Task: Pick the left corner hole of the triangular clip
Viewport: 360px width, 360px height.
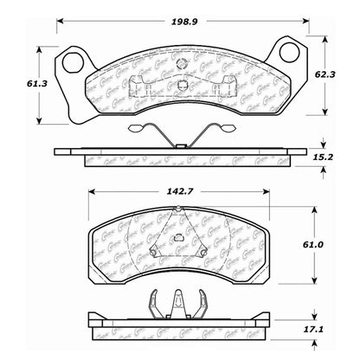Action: pos(155,252)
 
